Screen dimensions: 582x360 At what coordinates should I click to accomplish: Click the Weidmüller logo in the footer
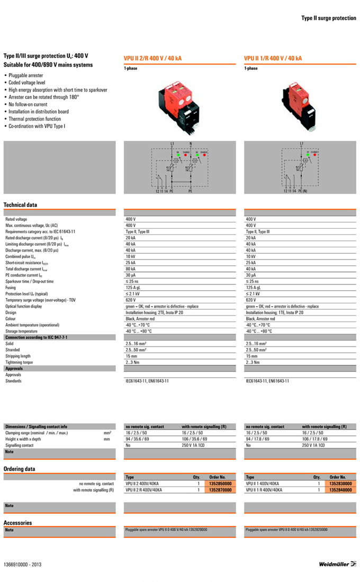pyautogui.click(x=337, y=564)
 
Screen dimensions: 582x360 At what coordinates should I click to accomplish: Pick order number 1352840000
pyautogui.click(x=340, y=490)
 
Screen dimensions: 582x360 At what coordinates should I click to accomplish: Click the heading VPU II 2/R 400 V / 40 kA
pyautogui.click(x=152, y=58)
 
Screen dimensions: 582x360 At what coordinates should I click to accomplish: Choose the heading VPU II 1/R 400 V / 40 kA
pyautogui.click(x=273, y=58)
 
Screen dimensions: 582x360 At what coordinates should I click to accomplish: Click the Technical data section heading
pyautogui.click(x=20, y=205)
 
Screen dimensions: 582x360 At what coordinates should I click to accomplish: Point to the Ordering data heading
pyautogui.click(x=20, y=469)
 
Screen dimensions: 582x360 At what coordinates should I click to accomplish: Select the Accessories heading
pyautogui.click(x=17, y=523)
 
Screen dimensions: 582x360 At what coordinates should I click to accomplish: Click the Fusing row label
pyautogui.click(x=11, y=287)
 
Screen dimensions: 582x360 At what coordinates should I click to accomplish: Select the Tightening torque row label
pyautogui.click(x=19, y=362)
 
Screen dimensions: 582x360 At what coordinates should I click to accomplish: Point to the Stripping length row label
pyautogui.click(x=18, y=356)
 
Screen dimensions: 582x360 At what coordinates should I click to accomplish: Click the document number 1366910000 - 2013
pyautogui.click(x=22, y=565)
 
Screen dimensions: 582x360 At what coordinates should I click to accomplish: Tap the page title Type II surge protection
pyautogui.click(x=329, y=18)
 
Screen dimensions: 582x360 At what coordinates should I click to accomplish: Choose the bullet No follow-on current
pyautogui.click(x=28, y=104)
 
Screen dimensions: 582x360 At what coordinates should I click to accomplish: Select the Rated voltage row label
pyautogui.click(x=16, y=219)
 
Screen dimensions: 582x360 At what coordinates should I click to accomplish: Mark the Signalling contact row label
pyautogui.click(x=19, y=445)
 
